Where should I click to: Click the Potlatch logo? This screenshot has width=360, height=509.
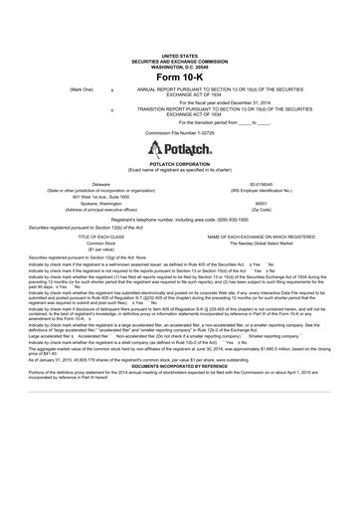[180, 148]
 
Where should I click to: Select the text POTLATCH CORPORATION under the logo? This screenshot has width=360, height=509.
[180, 165]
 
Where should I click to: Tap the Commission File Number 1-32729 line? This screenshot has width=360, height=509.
[180, 131]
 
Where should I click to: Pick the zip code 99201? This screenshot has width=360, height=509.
[261, 203]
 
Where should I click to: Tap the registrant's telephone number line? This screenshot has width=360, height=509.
[180, 219]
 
